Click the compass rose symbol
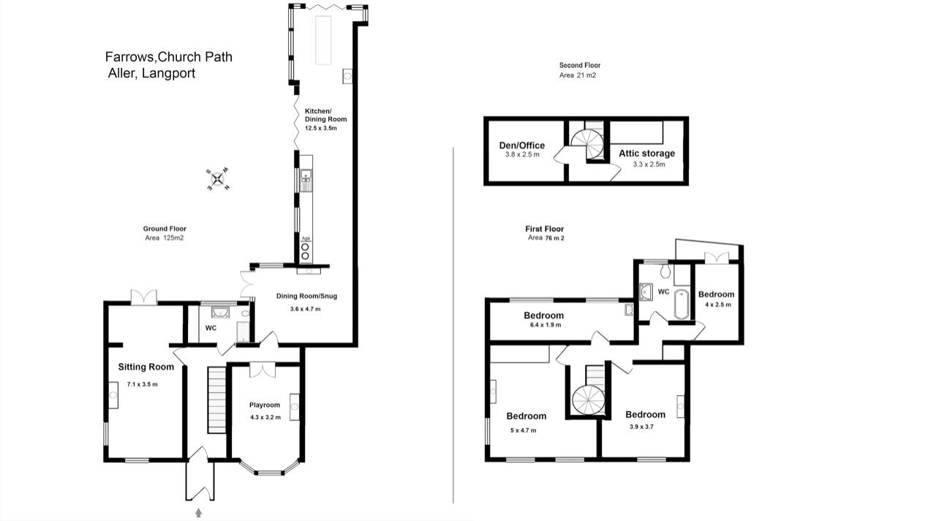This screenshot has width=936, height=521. coord(218,179)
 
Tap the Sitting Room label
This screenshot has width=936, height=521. coord(146,367)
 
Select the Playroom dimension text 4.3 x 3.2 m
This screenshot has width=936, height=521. coord(265,417)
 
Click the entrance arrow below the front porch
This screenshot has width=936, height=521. coord(198,512)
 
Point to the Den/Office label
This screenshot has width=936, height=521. coord(522,145)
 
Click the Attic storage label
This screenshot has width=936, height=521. coord(647,153)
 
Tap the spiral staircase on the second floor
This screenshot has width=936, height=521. coord(587,144)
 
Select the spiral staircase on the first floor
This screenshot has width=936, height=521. coord(589,400)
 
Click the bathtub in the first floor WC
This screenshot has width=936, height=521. coord(682,304)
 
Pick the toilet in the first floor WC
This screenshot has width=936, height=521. coord(665,271)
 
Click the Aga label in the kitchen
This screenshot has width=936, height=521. coord(306,239)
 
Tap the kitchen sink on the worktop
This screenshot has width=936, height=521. coord(306,180)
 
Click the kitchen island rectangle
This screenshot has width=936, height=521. coord(323,40)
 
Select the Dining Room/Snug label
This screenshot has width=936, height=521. coord(306,296)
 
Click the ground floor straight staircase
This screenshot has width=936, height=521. coord(217,400)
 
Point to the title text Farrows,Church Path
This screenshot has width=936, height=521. coord(169,57)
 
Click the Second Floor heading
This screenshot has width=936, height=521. coord(580,65)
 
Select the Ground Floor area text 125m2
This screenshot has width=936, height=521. coord(173,238)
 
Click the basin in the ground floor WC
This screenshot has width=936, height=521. coord(220,312)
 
